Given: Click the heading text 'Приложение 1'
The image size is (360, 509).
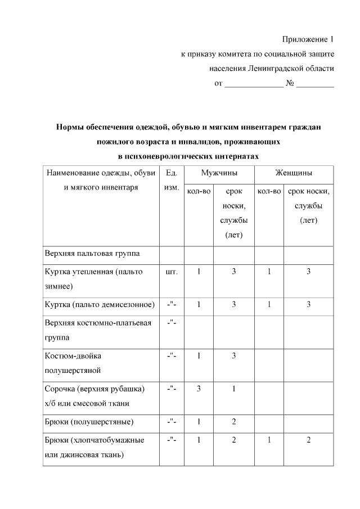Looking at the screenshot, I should coord(308,39).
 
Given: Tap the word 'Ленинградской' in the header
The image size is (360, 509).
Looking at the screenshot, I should coord(272,69).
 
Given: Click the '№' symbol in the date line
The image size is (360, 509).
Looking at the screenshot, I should coord(290,84).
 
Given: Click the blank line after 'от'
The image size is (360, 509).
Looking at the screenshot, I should coord(254,84).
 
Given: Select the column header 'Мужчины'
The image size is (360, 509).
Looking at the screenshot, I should coord(219,172).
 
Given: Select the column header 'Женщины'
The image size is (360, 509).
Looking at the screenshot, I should coord(294,172).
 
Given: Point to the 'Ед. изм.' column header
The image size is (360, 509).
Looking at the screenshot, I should coord(170,179).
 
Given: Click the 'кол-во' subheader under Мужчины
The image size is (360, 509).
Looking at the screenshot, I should coord(198,192).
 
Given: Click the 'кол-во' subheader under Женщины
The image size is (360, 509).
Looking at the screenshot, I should coord(269,192).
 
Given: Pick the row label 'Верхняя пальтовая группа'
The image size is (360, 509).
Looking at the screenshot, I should coord(92,254).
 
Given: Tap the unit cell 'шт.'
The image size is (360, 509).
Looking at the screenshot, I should coord(172,272).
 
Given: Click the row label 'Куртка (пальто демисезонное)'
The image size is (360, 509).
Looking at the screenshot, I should coord(99,305).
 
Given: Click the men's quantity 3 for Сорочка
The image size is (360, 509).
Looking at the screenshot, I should coord(198,389).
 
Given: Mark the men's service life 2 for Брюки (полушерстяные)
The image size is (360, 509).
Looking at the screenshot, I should coord(233,422).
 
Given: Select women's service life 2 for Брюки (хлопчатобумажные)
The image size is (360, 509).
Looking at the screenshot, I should coord(308,440).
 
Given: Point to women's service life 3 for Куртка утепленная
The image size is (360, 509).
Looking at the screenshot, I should coord(308,272).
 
